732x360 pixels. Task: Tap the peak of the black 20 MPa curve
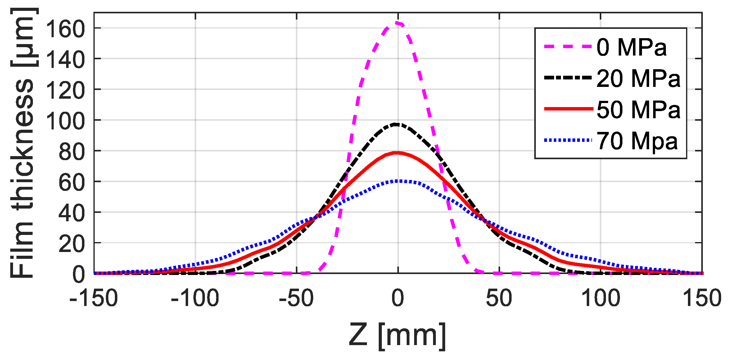click(x=396, y=124)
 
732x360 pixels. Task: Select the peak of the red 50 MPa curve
click(x=397, y=153)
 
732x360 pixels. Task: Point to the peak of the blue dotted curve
click(x=399, y=181)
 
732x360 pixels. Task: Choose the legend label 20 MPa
click(x=638, y=78)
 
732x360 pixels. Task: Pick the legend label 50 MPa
click(x=638, y=109)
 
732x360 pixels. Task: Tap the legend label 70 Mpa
click(x=637, y=141)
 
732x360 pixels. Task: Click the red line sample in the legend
click(x=568, y=109)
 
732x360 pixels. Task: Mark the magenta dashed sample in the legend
click(x=568, y=47)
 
